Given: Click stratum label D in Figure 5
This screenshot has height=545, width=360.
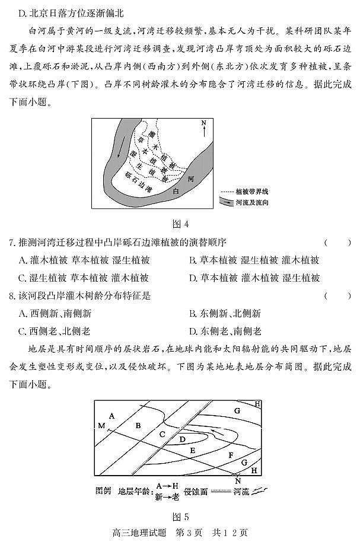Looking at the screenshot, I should point(183,439).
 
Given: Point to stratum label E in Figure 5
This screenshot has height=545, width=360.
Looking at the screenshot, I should point(192,451).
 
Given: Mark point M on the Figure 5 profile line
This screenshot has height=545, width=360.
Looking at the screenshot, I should point(101,426).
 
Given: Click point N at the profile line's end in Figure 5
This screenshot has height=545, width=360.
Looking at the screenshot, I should point(238,480).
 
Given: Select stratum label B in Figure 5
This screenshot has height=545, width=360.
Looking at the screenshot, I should point(138,425).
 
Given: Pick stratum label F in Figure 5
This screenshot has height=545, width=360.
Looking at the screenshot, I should point(231,455).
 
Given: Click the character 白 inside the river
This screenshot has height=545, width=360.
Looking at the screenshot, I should point(176,192).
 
